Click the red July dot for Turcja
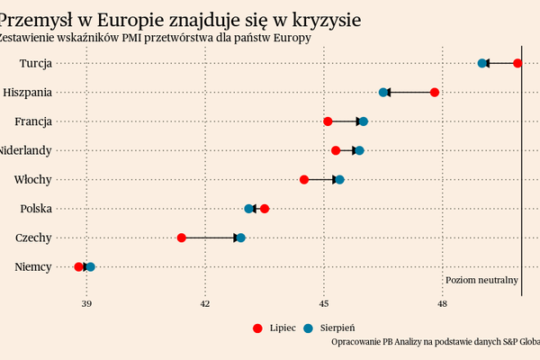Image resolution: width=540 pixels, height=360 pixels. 517,63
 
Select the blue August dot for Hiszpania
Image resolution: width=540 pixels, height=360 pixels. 383,93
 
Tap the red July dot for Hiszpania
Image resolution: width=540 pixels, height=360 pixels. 435,93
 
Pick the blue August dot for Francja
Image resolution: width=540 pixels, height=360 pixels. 364,121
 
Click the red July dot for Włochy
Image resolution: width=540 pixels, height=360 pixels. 304,180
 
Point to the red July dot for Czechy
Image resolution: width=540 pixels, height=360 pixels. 182,238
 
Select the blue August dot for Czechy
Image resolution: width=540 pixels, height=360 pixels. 240,238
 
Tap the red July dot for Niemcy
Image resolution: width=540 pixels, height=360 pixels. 79,267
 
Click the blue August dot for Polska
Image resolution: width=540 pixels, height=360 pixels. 249,209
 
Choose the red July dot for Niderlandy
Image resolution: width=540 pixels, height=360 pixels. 336,150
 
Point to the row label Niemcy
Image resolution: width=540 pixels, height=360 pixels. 33,267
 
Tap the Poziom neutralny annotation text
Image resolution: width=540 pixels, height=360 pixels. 481,281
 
